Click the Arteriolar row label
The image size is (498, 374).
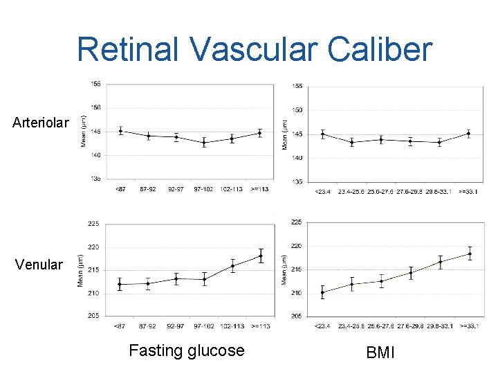pyautogui.click(x=41, y=123)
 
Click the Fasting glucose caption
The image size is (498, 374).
pyautogui.click(x=187, y=350)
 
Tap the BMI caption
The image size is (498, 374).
pyautogui.click(x=380, y=353)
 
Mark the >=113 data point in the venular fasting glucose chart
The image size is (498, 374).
pyautogui.click(x=261, y=256)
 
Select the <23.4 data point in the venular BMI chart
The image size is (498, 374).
pyautogui.click(x=322, y=292)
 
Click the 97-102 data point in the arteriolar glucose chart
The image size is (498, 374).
pyautogui.click(x=204, y=143)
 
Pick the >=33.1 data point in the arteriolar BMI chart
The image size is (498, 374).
pyautogui.click(x=469, y=134)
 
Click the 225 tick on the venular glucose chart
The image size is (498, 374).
pyautogui.click(x=93, y=224)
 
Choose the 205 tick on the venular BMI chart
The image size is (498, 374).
pyautogui.click(x=296, y=317)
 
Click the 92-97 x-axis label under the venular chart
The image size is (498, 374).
pyautogui.click(x=176, y=325)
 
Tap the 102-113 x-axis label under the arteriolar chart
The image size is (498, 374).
pyautogui.click(x=232, y=188)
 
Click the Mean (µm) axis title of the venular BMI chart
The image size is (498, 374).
pyautogui.click(x=285, y=269)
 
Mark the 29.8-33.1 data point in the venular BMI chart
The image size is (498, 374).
pyautogui.click(x=440, y=262)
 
